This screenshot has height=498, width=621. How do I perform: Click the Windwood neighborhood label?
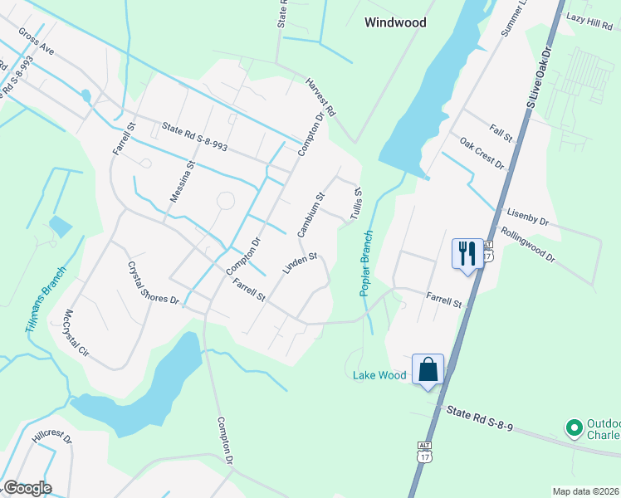pyautogui.click(x=395, y=22)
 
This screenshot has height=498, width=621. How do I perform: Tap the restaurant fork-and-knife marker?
pyautogui.click(x=467, y=252)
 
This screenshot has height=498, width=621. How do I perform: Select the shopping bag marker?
pyautogui.click(x=428, y=369)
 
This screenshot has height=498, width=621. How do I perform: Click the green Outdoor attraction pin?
pyautogui.click(x=573, y=428)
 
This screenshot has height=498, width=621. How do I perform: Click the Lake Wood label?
pyautogui.click(x=379, y=375)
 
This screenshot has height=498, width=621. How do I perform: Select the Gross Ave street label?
pyautogui.click(x=37, y=46)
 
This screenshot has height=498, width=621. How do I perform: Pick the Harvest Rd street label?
pyautogui.click(x=320, y=97)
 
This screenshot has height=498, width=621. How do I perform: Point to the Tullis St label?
pyautogui.click(x=358, y=203)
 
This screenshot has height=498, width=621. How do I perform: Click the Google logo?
pyautogui.click(x=27, y=488)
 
